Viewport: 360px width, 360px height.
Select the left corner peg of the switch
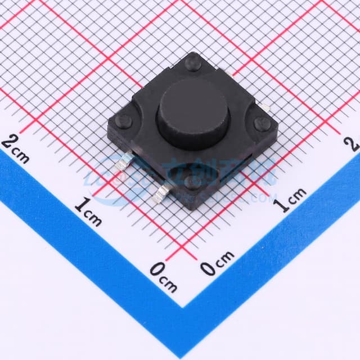click(124, 121)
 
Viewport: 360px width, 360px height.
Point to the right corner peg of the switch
click(262, 124)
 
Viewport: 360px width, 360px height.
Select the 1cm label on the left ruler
click(88, 212)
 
